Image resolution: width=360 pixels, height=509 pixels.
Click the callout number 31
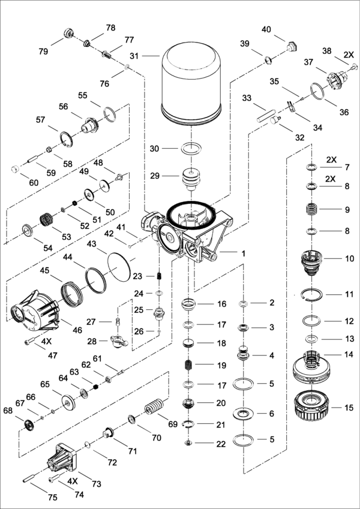[134, 56]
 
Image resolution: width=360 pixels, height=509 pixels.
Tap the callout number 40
[266, 29]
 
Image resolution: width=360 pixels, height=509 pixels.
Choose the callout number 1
[243, 254]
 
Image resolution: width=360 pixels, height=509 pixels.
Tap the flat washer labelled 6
[245, 413]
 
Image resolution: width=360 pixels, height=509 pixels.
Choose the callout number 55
[83, 95]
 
